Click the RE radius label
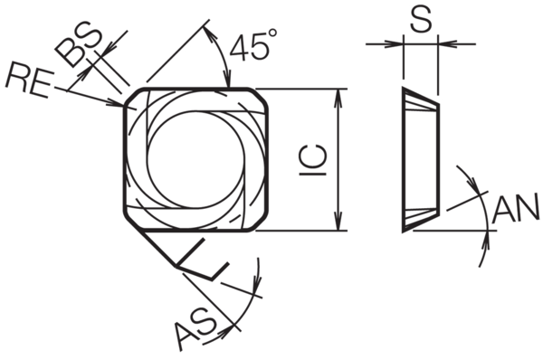[30, 80]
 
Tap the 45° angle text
[253, 45]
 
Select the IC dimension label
[313, 159]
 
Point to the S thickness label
[421, 19]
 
